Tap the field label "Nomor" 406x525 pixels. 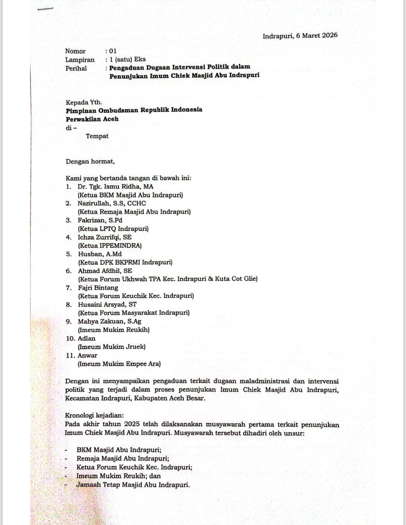click(x=75, y=51)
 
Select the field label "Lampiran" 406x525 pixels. click(x=80, y=60)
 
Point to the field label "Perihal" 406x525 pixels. click(x=76, y=68)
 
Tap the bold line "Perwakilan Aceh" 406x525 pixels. click(x=92, y=119)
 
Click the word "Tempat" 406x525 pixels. click(x=97, y=136)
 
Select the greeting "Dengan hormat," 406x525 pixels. click(x=90, y=162)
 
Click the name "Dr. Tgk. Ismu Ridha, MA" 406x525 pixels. click(x=115, y=186)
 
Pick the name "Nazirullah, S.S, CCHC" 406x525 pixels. click(x=112, y=203)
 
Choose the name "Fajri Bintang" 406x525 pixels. click(x=98, y=288)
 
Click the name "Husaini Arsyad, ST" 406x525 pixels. click(x=107, y=305)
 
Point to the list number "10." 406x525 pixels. click(x=71, y=339)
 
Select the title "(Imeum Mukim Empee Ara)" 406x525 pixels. click(x=119, y=364)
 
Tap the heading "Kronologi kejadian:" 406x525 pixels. click(x=94, y=415)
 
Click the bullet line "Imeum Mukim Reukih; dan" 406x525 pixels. click(x=118, y=476)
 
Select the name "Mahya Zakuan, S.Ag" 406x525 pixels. click(x=109, y=322)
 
